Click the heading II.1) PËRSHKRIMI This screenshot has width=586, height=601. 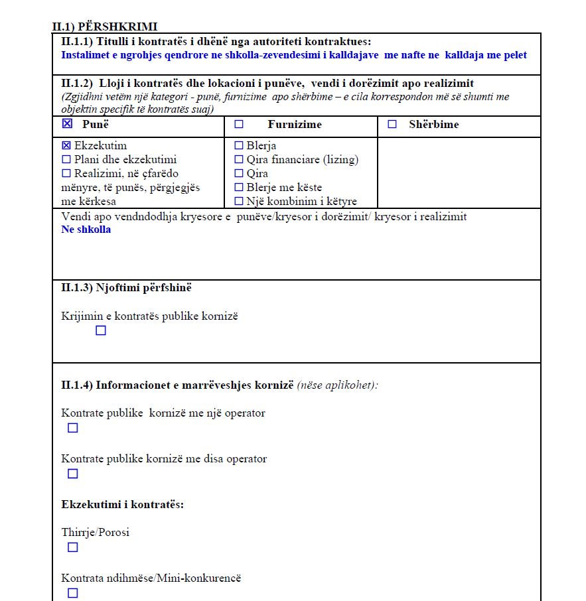104,27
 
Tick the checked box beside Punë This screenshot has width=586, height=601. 66,124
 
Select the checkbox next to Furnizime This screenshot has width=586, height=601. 239,124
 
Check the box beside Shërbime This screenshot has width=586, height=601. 392,124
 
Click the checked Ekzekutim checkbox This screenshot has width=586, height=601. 66,145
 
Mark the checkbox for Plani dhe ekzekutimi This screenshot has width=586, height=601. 66,159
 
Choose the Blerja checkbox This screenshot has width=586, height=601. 239,145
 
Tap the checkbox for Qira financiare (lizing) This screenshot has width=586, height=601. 239,159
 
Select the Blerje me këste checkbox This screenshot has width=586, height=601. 239,187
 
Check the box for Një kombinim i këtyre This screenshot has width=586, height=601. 239,201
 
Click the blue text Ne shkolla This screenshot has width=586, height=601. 86,230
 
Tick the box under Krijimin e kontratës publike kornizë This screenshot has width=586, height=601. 101,330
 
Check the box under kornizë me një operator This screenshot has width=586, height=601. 73,428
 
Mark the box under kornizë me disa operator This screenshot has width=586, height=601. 73,474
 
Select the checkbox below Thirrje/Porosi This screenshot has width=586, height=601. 73,547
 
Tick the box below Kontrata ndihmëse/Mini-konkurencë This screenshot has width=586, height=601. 73,593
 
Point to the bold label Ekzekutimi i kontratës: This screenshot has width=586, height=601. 122,504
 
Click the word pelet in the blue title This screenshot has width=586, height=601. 514,54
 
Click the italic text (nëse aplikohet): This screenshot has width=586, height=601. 337,385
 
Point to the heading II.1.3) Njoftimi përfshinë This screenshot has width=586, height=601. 127,288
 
